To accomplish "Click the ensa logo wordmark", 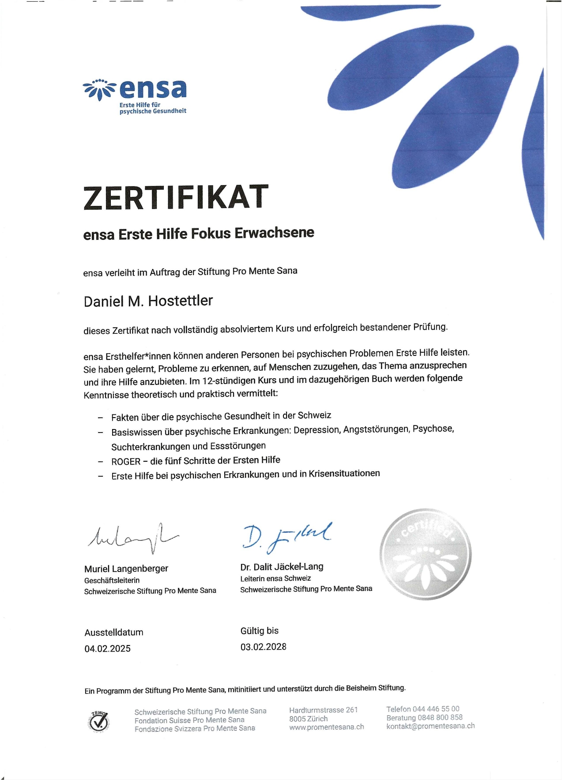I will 152,89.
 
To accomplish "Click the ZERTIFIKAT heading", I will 176,197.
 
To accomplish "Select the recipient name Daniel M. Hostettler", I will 148,301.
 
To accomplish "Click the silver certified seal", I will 425,554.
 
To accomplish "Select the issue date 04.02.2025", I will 107,649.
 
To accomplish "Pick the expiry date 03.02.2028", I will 263,647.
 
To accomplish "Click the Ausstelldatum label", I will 114,632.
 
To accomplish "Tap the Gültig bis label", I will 259,631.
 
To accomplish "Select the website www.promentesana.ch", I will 326,727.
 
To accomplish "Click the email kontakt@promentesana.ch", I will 430,726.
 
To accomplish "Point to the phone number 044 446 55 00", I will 436,709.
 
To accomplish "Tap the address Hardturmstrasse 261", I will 323,710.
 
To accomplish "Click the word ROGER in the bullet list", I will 126,462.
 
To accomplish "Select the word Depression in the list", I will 317,430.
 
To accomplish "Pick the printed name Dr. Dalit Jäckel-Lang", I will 282,567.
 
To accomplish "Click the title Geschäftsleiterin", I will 112,580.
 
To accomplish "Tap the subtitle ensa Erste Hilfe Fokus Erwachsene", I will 199,234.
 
